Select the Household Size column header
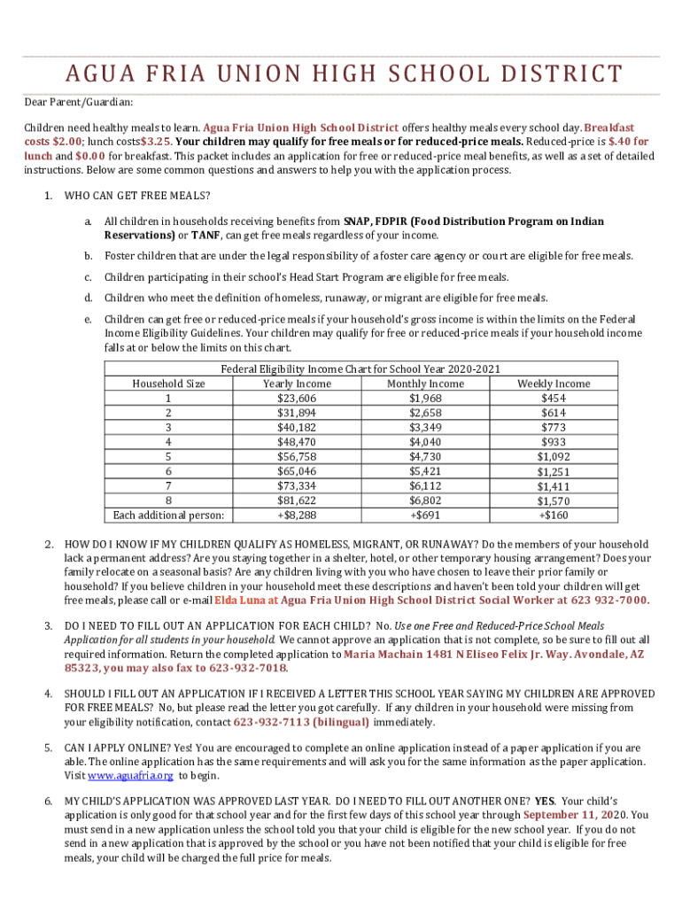[x=168, y=384]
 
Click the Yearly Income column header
[x=297, y=384]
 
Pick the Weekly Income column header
[x=554, y=384]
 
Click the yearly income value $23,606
[x=297, y=398]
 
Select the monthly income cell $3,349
[x=425, y=427]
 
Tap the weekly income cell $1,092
[x=554, y=456]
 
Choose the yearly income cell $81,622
[x=297, y=500]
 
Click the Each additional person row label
[x=168, y=515]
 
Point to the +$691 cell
[x=425, y=515]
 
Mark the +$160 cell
[x=554, y=515]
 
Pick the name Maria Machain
[x=379, y=654]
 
